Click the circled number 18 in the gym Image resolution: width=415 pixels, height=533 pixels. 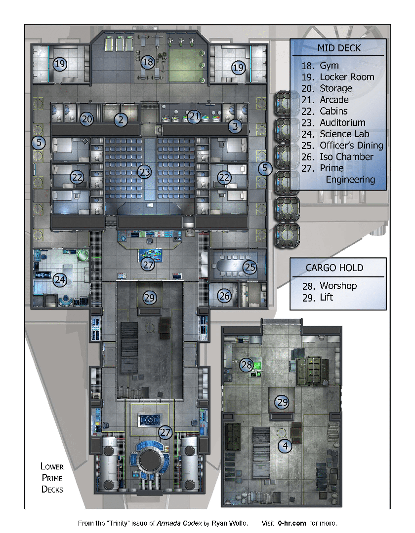coord(148,62)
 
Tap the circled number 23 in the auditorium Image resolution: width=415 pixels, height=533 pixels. coord(145,172)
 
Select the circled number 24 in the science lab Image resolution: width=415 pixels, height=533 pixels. coord(60,280)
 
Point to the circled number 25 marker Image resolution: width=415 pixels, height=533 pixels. coord(249,267)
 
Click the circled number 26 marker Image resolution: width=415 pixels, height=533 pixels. coord(224,296)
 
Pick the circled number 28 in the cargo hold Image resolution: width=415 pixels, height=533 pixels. coord(246,365)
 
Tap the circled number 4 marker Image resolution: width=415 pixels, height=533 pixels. coord(285,446)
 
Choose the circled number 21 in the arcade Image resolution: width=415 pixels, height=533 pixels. coord(194,116)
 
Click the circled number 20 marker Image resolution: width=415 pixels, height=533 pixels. coord(87,119)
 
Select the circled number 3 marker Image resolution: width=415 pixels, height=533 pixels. coord(235,126)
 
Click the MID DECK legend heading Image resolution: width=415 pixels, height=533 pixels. coord(339,48)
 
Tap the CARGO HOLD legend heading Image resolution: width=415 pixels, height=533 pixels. coord(334,268)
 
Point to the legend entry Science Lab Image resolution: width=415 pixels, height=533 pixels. coord(344,134)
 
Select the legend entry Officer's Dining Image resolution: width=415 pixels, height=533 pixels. coord(351,146)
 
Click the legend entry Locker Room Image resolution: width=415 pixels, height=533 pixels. coord(347,77)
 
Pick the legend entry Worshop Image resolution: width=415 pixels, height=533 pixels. coord(338,286)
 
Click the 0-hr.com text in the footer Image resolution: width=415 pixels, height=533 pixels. coord(291,523)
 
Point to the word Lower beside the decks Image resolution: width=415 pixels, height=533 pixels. coord(52,466)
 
